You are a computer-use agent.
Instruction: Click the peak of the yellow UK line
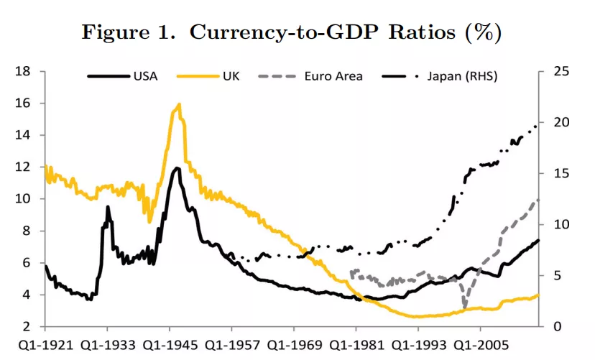pos(178,104)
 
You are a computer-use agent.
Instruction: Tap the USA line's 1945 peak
pos(177,168)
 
